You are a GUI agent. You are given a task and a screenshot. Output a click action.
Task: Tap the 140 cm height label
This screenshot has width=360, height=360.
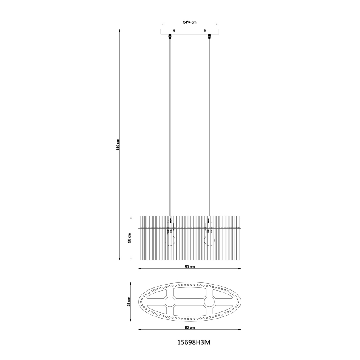118,145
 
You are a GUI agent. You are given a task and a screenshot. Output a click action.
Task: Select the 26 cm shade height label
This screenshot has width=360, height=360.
129,238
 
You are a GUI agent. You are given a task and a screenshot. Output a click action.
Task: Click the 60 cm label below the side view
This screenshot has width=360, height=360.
190,267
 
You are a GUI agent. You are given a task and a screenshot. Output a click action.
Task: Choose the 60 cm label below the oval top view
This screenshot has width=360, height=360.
190,328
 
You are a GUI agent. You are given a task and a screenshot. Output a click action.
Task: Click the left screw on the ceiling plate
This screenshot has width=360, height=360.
174,30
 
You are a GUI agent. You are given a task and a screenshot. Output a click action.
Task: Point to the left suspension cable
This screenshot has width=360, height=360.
170,124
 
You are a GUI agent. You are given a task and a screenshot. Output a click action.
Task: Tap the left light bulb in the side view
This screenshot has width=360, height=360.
170,239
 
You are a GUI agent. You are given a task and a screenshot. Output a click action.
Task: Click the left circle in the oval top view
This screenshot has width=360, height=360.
170,302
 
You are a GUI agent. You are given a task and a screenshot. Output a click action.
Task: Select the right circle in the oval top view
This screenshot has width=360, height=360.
209,302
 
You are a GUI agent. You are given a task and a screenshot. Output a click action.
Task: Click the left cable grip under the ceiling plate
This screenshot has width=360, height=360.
170,37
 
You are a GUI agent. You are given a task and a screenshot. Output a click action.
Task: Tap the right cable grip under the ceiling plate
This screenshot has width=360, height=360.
209,37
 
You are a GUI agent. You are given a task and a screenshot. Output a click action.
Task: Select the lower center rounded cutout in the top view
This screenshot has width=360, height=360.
190,310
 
